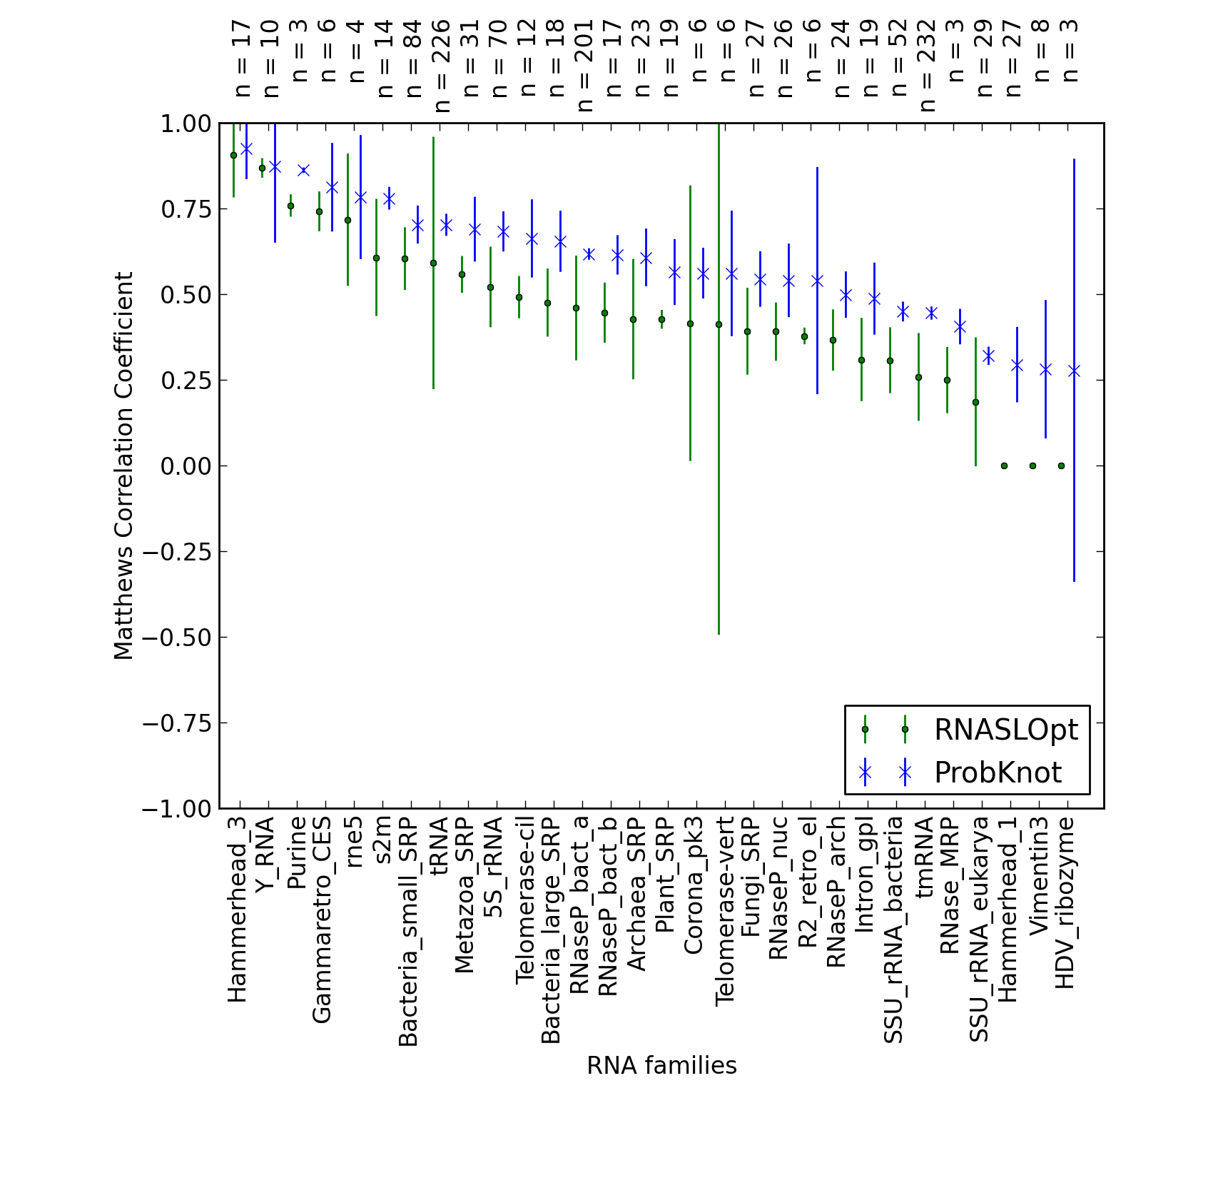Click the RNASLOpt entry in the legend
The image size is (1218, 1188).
1006,730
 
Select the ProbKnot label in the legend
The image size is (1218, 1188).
998,772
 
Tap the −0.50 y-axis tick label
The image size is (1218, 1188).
177,638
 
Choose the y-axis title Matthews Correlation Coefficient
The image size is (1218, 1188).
123,465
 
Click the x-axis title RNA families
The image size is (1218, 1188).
661,1066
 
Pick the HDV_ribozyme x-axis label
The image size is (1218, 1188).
1065,902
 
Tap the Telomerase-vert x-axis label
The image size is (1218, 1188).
724,911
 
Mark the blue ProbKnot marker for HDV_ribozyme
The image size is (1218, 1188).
1074,371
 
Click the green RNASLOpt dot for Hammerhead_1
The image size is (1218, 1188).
1004,465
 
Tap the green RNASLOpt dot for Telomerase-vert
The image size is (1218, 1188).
719,325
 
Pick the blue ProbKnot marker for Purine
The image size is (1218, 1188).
303,170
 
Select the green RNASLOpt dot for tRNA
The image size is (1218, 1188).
433,263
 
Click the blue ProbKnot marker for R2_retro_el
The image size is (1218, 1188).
817,281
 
